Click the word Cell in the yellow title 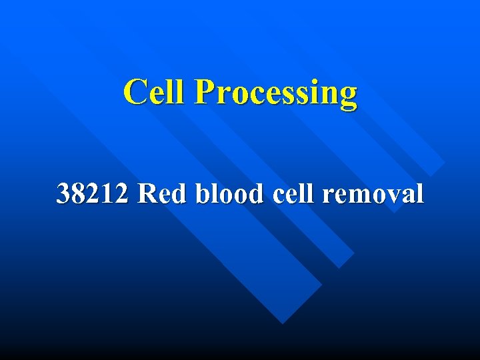tap(155, 92)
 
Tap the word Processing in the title tap(275, 93)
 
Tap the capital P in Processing tap(204, 92)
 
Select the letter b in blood tap(203, 194)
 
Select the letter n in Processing tap(327, 95)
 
